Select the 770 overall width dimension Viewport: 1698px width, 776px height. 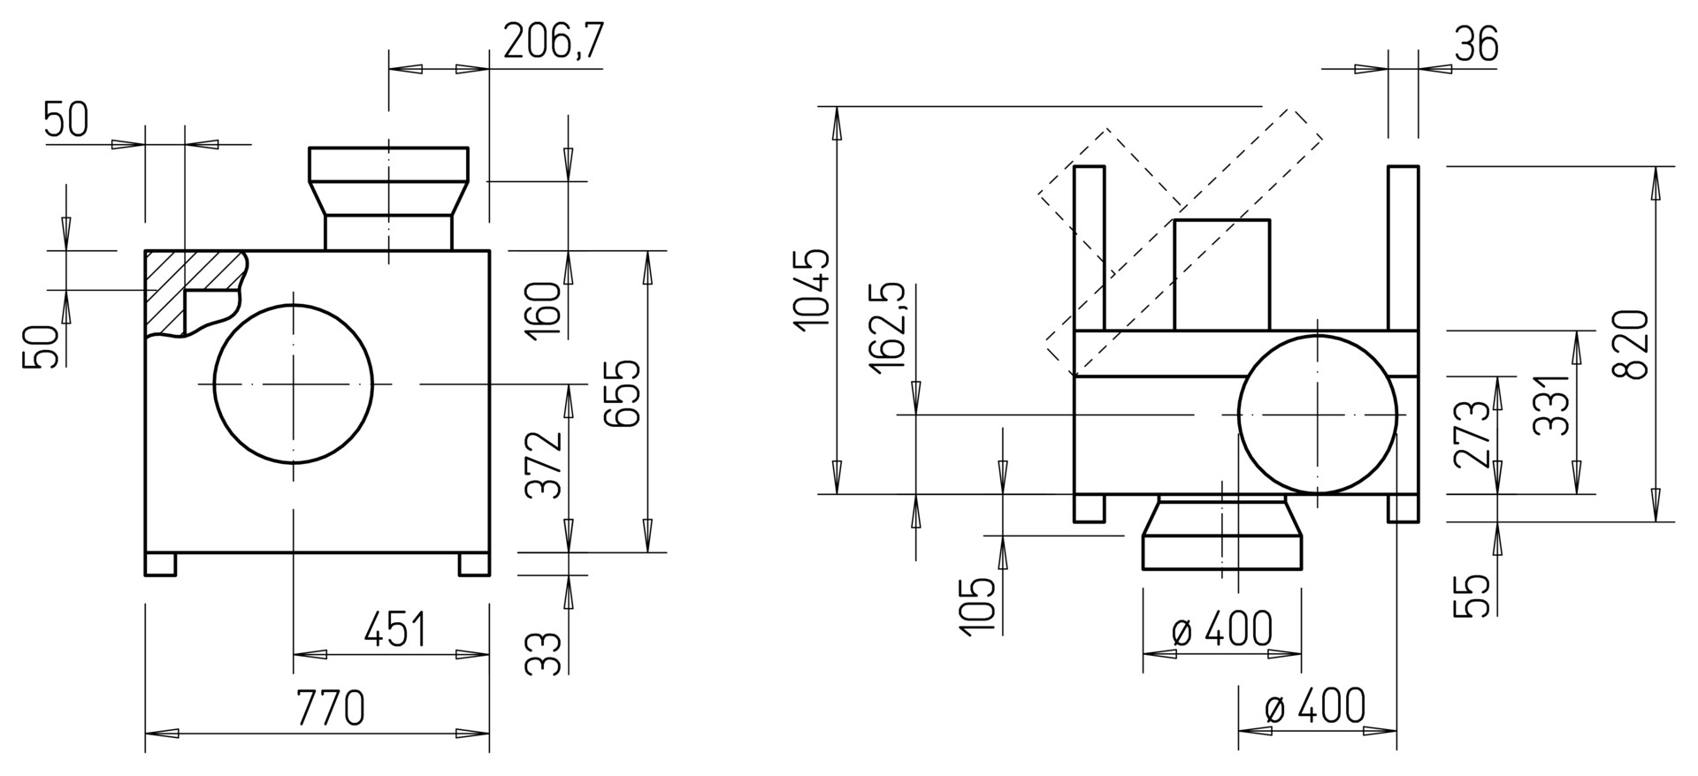(x=330, y=708)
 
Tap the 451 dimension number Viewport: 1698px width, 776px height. (x=394, y=629)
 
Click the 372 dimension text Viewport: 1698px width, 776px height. (x=544, y=465)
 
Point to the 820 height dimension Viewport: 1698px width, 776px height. (x=1630, y=345)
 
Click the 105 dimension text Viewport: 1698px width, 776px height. (x=976, y=605)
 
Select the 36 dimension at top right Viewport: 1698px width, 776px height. (x=1476, y=44)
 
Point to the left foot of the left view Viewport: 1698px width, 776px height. (x=160, y=565)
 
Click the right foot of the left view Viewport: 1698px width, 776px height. (x=474, y=565)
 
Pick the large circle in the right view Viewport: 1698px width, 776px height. (x=1238, y=414)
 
